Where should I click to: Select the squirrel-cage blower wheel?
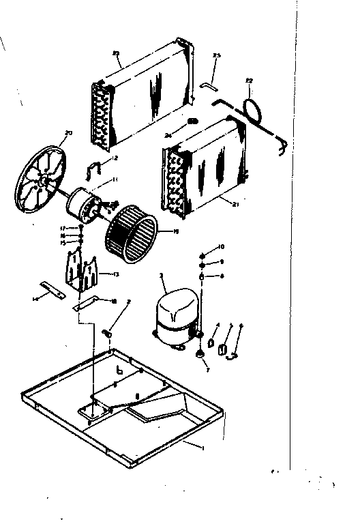(131, 233)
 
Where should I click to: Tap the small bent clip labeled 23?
(210, 85)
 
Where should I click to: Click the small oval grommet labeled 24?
(193, 123)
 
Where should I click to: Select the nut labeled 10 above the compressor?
(202, 254)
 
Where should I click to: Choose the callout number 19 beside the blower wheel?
(175, 232)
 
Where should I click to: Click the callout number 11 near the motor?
(114, 179)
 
